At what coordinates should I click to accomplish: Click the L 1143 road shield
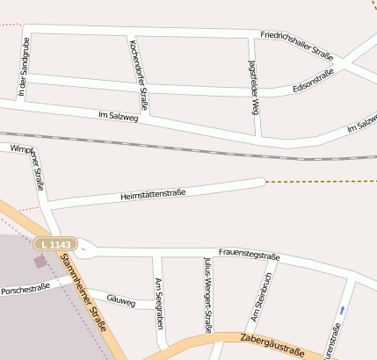(58, 243)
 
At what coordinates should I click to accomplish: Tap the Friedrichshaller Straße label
(297, 44)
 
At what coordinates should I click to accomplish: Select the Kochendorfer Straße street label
(138, 76)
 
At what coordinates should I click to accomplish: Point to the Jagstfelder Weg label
(254, 89)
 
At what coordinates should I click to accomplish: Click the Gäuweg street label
(120, 300)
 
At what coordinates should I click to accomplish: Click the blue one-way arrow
(342, 310)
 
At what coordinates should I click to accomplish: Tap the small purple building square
(39, 261)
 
